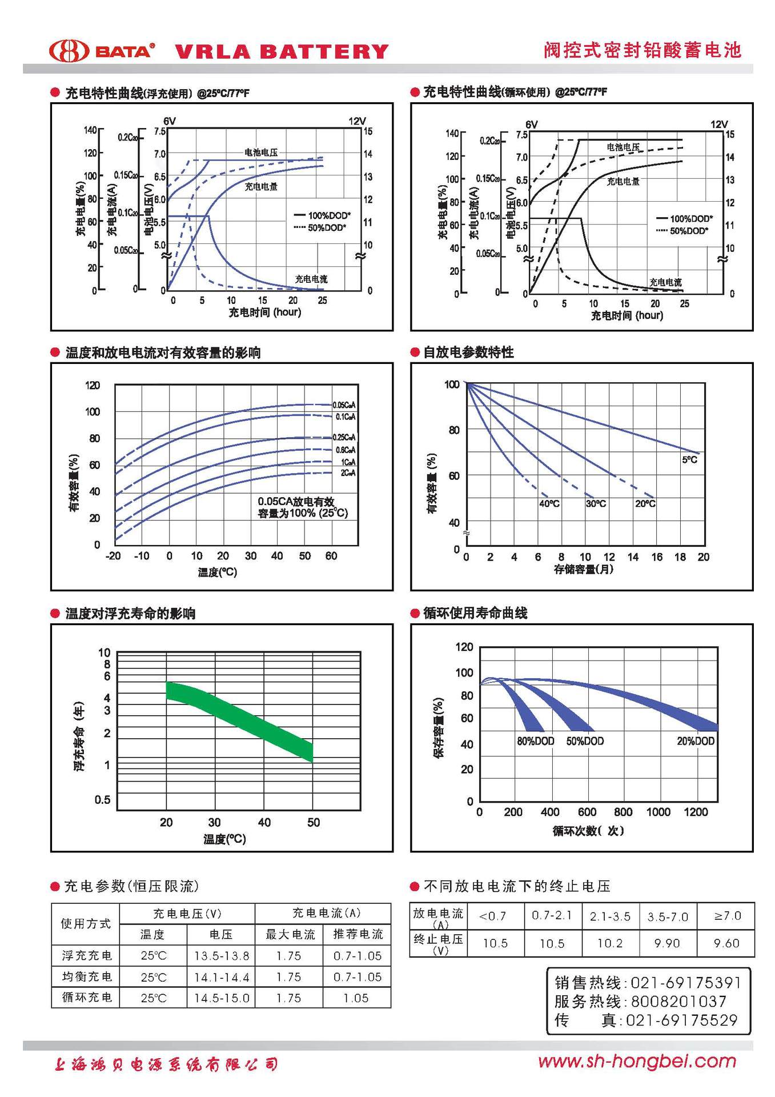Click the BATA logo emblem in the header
[x=69, y=51]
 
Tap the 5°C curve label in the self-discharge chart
[x=689, y=459]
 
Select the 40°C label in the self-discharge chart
[x=549, y=503]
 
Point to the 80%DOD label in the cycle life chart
[x=535, y=741]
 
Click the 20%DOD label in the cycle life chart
[x=695, y=741]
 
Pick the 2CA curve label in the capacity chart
[x=348, y=473]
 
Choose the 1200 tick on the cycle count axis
[x=695, y=812]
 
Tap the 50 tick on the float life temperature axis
[x=314, y=822]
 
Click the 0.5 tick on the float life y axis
[x=103, y=799]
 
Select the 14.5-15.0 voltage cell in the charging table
[x=222, y=998]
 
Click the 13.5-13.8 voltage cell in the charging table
[x=222, y=956]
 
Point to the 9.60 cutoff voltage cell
[x=726, y=943]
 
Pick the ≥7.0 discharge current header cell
[x=727, y=916]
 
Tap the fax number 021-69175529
[x=681, y=1020]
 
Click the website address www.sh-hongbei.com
[x=637, y=1062]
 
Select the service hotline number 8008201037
[x=678, y=1002]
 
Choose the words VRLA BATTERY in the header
[x=281, y=52]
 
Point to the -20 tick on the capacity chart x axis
[x=113, y=556]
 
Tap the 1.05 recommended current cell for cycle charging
[x=356, y=998]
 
